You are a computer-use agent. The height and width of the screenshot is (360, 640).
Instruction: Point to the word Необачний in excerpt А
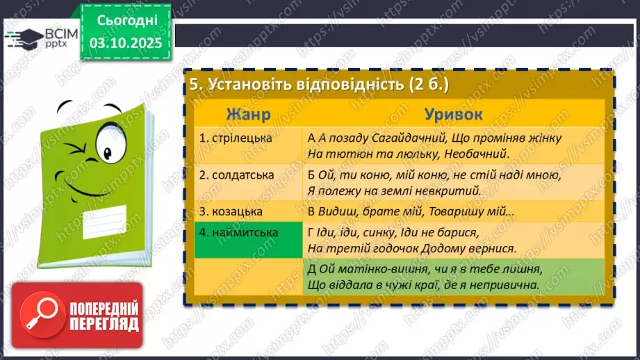(479, 153)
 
